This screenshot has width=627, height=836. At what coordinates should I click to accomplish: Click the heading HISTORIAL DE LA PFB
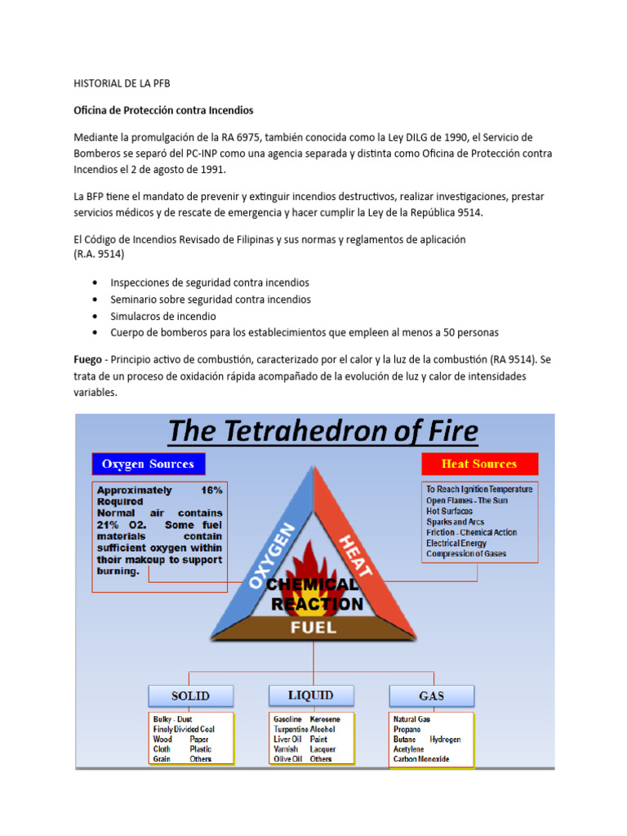point(122,83)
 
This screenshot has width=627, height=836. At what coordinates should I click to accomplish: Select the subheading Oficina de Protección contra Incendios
point(163,110)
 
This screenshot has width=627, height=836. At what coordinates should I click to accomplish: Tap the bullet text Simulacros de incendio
point(164,316)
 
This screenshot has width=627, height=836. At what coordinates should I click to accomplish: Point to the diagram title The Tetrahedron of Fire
point(322,432)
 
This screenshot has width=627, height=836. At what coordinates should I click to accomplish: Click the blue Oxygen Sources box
point(148,465)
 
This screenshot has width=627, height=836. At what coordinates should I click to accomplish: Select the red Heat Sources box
point(479,464)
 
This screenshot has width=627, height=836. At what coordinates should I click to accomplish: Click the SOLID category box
point(189,696)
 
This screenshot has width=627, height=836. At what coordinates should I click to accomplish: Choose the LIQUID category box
point(311,696)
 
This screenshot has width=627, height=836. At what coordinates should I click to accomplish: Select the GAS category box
point(431,696)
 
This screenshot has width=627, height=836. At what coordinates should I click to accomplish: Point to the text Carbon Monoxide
point(423,759)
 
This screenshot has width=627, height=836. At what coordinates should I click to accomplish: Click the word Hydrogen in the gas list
point(445,739)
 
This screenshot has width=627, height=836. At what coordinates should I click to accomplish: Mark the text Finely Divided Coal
point(184,729)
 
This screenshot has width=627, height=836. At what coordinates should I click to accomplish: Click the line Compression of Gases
point(465,554)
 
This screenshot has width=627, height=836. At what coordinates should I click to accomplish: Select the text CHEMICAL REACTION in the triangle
point(315,594)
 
